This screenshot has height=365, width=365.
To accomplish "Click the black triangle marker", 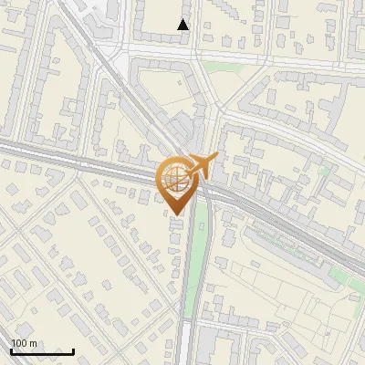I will [x=183, y=25].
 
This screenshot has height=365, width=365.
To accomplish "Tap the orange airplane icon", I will [x=202, y=165].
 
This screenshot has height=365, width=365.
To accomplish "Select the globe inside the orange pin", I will [x=174, y=178].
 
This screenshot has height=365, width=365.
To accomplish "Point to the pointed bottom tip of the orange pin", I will [x=174, y=214].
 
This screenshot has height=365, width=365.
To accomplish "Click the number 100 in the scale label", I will [x=19, y=343].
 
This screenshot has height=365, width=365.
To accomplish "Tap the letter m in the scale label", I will [x=33, y=343].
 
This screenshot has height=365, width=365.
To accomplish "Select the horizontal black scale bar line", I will [x=42, y=351].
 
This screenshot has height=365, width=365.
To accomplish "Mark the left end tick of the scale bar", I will [x=11, y=349].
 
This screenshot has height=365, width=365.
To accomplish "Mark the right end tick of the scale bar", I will [x=73, y=349].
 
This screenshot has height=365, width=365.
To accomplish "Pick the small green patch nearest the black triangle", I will [x=216, y=67].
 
